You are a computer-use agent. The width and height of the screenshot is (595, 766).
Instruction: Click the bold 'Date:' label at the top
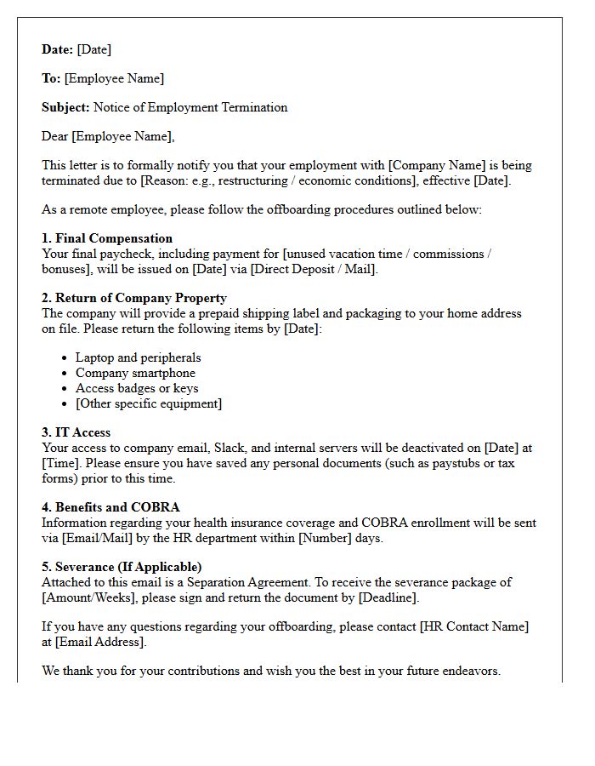[58, 49]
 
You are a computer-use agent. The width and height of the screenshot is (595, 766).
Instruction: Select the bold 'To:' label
[51, 78]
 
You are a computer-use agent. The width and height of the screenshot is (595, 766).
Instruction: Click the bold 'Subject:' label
[65, 107]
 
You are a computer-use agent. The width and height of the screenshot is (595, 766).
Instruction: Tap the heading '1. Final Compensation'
[107, 238]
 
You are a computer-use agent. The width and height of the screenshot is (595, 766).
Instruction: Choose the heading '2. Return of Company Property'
[134, 298]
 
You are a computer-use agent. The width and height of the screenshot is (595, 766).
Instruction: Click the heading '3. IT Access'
[76, 432]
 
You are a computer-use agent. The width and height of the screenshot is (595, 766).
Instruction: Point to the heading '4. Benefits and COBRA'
[110, 507]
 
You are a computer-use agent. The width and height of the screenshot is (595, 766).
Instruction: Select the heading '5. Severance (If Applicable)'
[122, 567]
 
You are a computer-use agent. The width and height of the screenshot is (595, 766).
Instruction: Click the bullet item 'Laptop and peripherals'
[138, 357]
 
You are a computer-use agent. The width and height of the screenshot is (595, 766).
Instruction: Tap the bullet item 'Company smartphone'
[135, 373]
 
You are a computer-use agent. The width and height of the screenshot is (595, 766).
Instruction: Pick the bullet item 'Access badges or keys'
[137, 388]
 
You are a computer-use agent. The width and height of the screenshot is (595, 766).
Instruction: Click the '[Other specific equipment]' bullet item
[148, 403]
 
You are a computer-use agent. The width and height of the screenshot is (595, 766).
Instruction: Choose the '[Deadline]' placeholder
[388, 597]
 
